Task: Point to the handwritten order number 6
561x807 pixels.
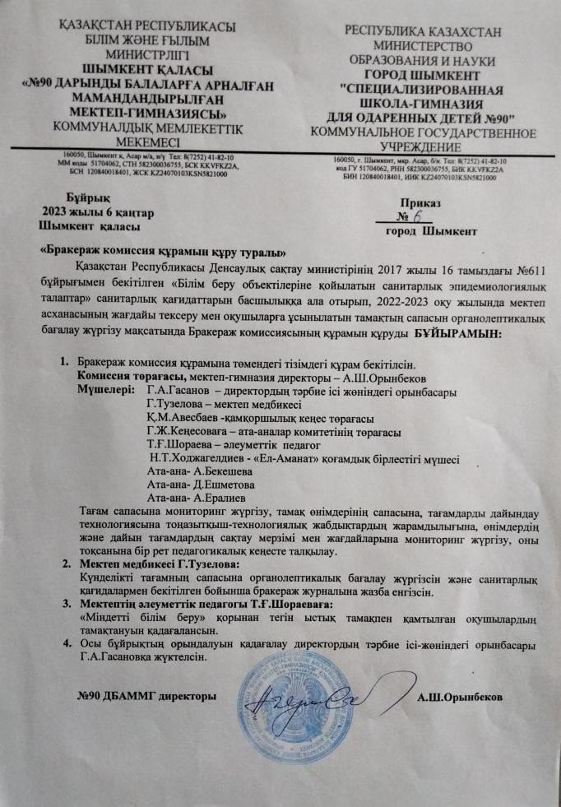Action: point(418,217)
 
